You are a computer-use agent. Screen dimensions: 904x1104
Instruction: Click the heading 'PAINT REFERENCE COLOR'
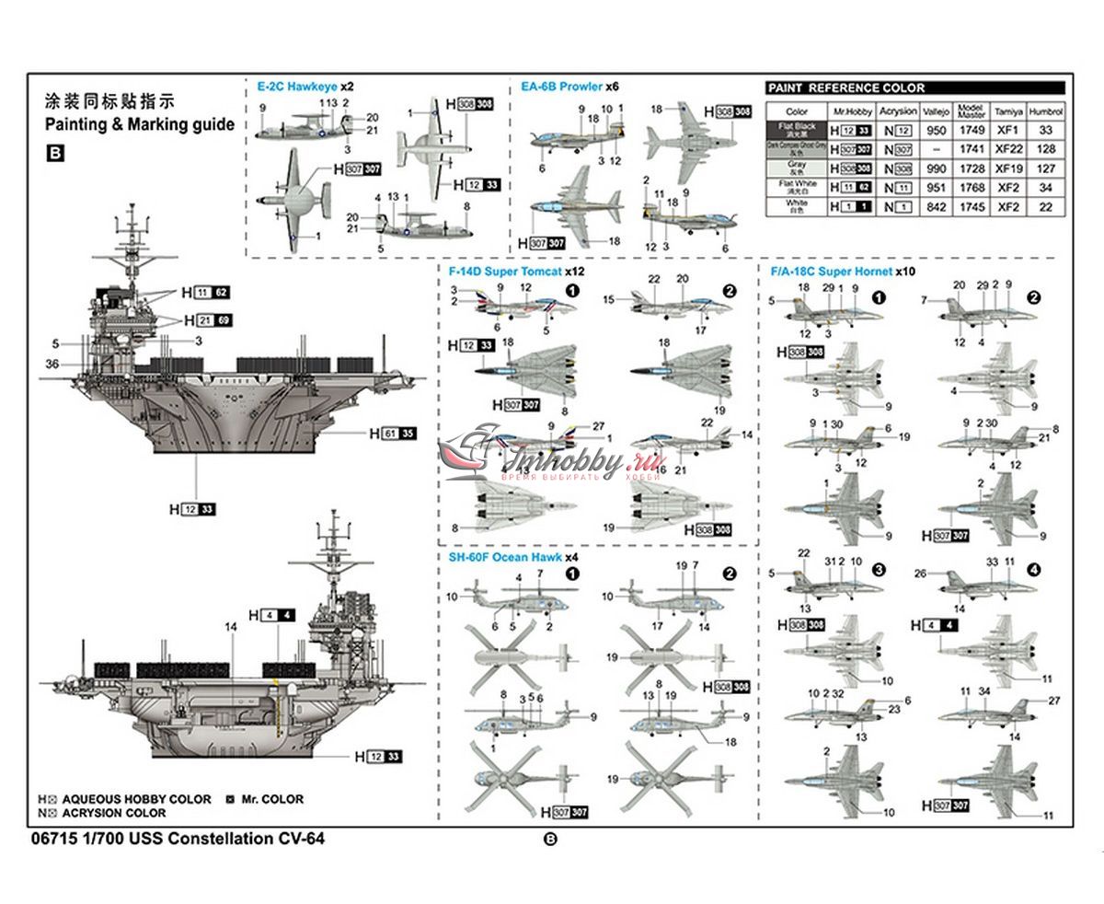(x=846, y=88)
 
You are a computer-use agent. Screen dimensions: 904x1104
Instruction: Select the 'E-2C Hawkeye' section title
(x=298, y=86)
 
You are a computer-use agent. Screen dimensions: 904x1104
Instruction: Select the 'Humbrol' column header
(x=1046, y=111)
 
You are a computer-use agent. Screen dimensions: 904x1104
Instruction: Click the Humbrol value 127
(x=1046, y=169)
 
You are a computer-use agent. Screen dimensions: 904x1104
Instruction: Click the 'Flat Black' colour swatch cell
(x=797, y=130)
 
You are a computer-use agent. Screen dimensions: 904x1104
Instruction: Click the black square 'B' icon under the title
(x=54, y=155)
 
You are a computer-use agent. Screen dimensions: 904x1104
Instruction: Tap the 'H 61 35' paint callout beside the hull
(x=393, y=433)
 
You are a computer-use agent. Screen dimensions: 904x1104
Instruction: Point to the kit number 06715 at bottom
(x=52, y=839)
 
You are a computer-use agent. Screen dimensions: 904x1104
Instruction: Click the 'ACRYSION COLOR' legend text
(x=113, y=814)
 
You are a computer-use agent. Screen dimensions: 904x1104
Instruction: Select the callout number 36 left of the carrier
(x=52, y=365)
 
